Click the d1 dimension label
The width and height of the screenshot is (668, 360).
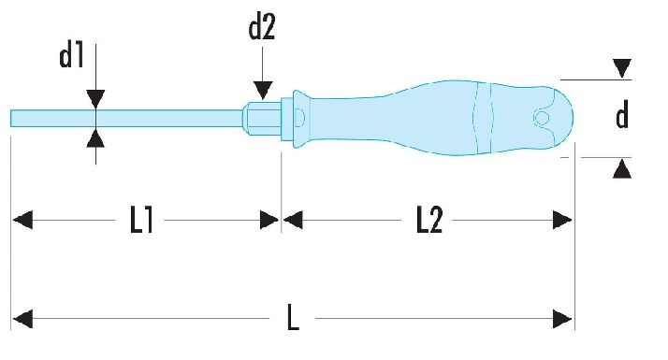pyautogui.click(x=71, y=56)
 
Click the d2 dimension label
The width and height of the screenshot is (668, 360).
pyautogui.click(x=262, y=27)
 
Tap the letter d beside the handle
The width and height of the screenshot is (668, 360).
pyautogui.click(x=622, y=115)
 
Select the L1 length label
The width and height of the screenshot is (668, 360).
pyautogui.click(x=141, y=220)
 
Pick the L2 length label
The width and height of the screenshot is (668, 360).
pyautogui.click(x=429, y=220)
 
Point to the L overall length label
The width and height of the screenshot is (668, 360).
pyautogui.click(x=293, y=317)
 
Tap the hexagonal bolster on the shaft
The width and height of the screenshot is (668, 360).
pyautogui.click(x=262, y=118)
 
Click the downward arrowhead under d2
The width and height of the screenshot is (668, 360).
pyautogui.click(x=263, y=91)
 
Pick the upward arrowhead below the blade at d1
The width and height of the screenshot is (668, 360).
pyautogui.click(x=95, y=137)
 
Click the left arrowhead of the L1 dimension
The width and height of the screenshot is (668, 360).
pyautogui.click(x=22, y=221)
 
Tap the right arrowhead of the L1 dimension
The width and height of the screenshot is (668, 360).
pyautogui.click(x=269, y=221)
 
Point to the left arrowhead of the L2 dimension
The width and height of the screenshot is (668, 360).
pyautogui.click(x=293, y=221)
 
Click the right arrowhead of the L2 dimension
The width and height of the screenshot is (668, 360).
pyautogui.click(x=562, y=221)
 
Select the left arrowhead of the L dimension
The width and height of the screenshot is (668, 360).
pyautogui.click(x=22, y=319)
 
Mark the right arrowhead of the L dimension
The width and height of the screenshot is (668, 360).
pyautogui.click(x=562, y=319)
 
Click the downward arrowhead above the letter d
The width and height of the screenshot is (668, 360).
pyautogui.click(x=622, y=68)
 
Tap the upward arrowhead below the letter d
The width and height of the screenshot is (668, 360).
pyautogui.click(x=622, y=168)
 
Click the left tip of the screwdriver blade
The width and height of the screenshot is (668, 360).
pyautogui.click(x=10, y=119)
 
